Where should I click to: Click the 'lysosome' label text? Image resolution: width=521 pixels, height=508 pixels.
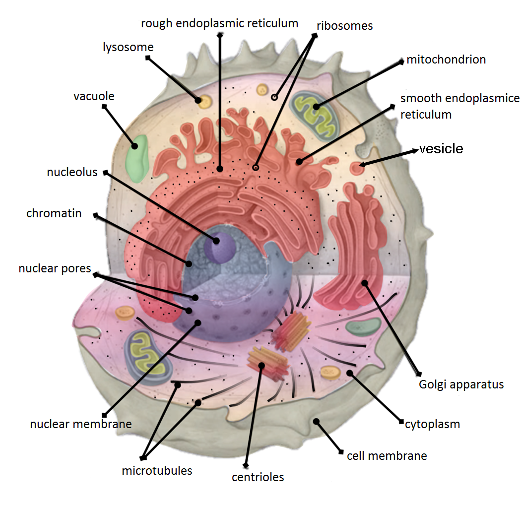coord(128,48)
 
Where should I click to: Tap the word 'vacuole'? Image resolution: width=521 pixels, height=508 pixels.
coord(94,96)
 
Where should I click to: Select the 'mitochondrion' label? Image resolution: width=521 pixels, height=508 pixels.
coord(446,60)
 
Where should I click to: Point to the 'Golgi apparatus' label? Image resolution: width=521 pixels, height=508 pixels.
coord(461,384)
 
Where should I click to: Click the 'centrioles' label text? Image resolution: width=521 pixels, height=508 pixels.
coord(258,477)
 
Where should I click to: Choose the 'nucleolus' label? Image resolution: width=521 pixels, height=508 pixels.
coord(72,173)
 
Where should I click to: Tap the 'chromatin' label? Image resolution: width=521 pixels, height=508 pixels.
coord(54,214)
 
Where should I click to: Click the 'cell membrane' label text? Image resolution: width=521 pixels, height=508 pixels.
coord(387,455)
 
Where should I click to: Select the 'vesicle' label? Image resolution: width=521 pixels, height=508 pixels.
coord(441,149)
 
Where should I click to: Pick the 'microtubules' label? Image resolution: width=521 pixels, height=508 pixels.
coord(157,470)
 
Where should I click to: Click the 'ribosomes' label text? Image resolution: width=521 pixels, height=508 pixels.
coord(344,26)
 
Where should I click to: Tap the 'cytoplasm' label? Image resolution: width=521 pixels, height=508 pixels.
coord(433,424)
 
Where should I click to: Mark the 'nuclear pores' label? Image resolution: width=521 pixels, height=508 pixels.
coord(55,269)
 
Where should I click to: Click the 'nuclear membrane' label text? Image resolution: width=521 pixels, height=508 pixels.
coord(81,424)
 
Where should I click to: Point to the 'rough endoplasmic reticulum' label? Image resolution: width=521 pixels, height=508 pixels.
coord(219,23)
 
